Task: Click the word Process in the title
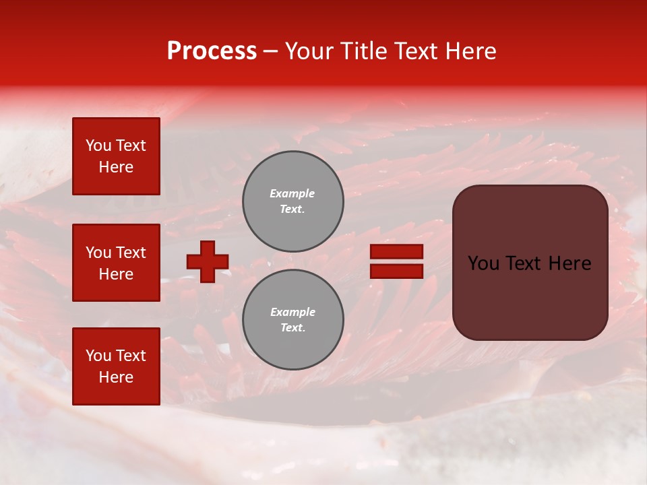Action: pos(212,51)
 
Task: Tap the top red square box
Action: pos(116,156)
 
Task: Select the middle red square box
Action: pos(116,263)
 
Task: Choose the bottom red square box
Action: pos(116,366)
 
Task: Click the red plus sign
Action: pos(208,261)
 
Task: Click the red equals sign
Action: pos(396,261)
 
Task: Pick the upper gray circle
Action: pos(292,201)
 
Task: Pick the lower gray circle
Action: pos(292,319)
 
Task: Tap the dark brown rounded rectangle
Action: pos(530,263)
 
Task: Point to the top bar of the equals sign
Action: pos(396,251)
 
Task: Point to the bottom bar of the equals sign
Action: pos(396,271)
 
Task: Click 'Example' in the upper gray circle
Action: pos(292,193)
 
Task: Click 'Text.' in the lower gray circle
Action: pos(292,328)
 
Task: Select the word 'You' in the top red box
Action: pos(98,145)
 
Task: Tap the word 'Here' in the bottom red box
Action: pos(116,377)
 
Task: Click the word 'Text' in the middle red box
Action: pos(131,253)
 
